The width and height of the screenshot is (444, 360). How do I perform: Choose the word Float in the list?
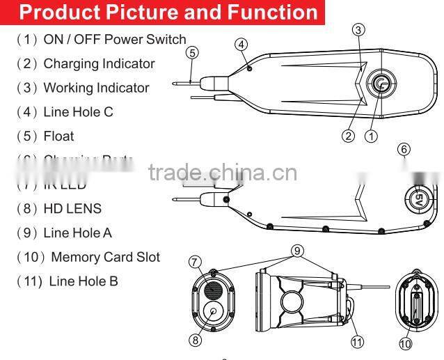[x=58, y=136]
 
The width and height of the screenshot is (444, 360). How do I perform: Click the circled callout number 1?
[x=371, y=136]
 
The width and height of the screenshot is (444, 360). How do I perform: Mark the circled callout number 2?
[x=348, y=136]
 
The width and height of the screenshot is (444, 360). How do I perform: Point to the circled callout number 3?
[x=358, y=29]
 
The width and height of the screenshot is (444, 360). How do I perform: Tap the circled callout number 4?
[x=241, y=45]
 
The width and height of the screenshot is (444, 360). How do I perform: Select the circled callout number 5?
[x=193, y=52]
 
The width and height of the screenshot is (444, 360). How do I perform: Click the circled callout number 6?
[x=404, y=149]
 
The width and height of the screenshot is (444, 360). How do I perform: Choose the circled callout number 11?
[x=357, y=341]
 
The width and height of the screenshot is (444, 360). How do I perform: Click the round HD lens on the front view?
[x=212, y=311]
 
